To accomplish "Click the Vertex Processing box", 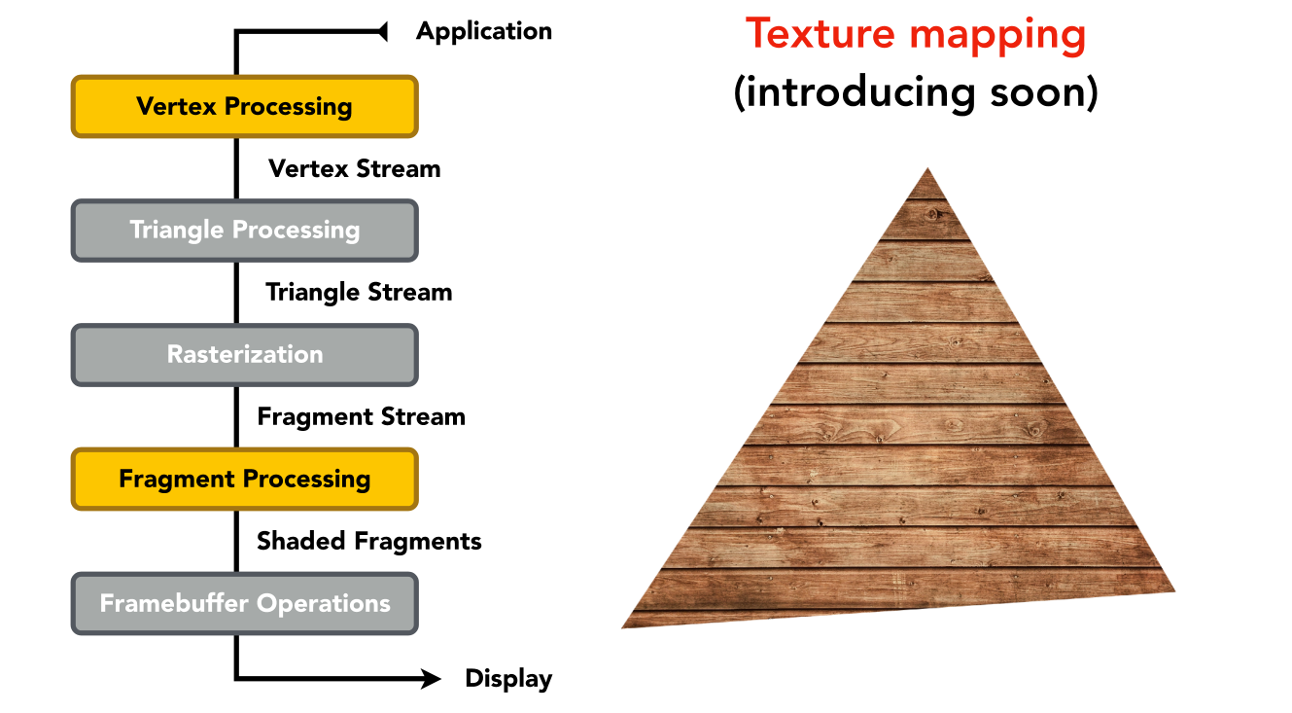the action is [x=245, y=106].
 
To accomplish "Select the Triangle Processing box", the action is [x=245, y=231].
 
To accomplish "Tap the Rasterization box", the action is [x=245, y=354].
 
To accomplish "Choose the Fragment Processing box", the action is [x=245, y=480].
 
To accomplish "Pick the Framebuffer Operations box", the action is [x=245, y=603].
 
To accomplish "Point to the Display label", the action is [x=508, y=679].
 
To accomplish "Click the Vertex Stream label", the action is [x=354, y=168].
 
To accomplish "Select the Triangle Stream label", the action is [x=359, y=293].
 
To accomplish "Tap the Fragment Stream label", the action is [x=361, y=417].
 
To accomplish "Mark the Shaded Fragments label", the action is [x=369, y=542].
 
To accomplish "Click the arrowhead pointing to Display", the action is [x=431, y=678].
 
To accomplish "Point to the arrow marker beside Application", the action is [x=382, y=31].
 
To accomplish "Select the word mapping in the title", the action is [x=997, y=37].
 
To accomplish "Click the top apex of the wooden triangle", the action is [x=927, y=168].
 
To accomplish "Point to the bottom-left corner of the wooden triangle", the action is [x=622, y=627].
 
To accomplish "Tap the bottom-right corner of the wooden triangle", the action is [x=1175, y=590].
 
